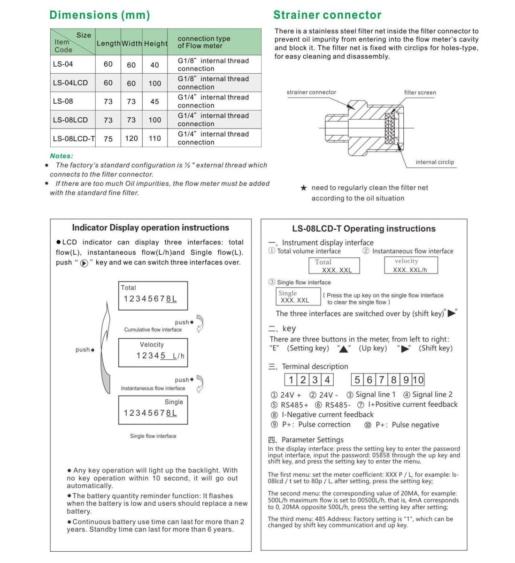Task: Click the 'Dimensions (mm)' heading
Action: (100, 15)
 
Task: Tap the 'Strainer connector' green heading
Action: (327, 15)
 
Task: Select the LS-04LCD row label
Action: (70, 83)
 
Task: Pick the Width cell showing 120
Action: (131, 138)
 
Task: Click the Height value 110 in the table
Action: (155, 138)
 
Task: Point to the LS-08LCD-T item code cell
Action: (73, 138)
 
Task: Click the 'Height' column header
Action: (155, 44)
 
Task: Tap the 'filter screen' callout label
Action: (420, 92)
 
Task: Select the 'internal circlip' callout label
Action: (435, 162)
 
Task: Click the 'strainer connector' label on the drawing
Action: (311, 92)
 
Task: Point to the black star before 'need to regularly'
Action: (304, 188)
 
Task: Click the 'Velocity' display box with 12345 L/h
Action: (153, 352)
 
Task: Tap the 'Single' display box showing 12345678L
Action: (153, 410)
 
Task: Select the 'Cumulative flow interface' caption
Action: (153, 330)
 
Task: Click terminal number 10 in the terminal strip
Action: (418, 380)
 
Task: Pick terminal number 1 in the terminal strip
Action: (291, 380)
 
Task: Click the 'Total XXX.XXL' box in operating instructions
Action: (334, 266)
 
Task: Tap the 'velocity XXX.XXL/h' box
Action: (410, 265)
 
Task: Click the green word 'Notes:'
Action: (61, 156)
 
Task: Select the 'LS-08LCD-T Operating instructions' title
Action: (363, 229)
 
